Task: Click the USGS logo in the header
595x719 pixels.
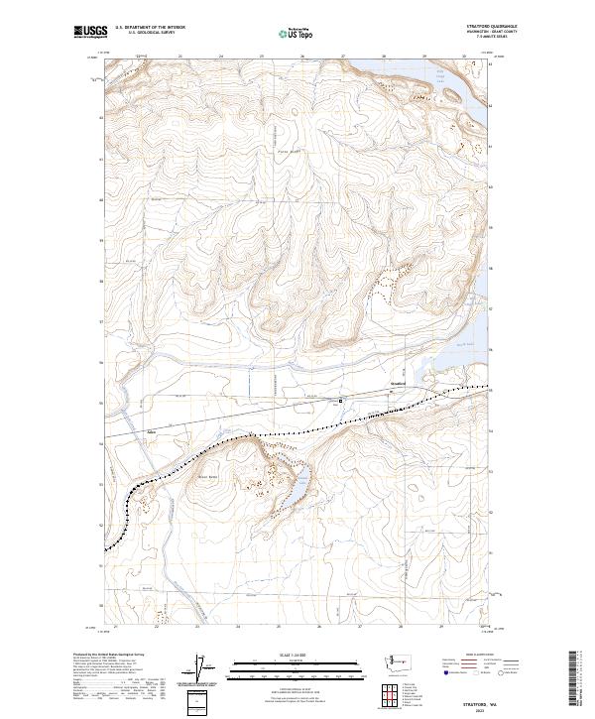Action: click(90, 33)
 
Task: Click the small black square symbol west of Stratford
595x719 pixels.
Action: click(342, 401)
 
